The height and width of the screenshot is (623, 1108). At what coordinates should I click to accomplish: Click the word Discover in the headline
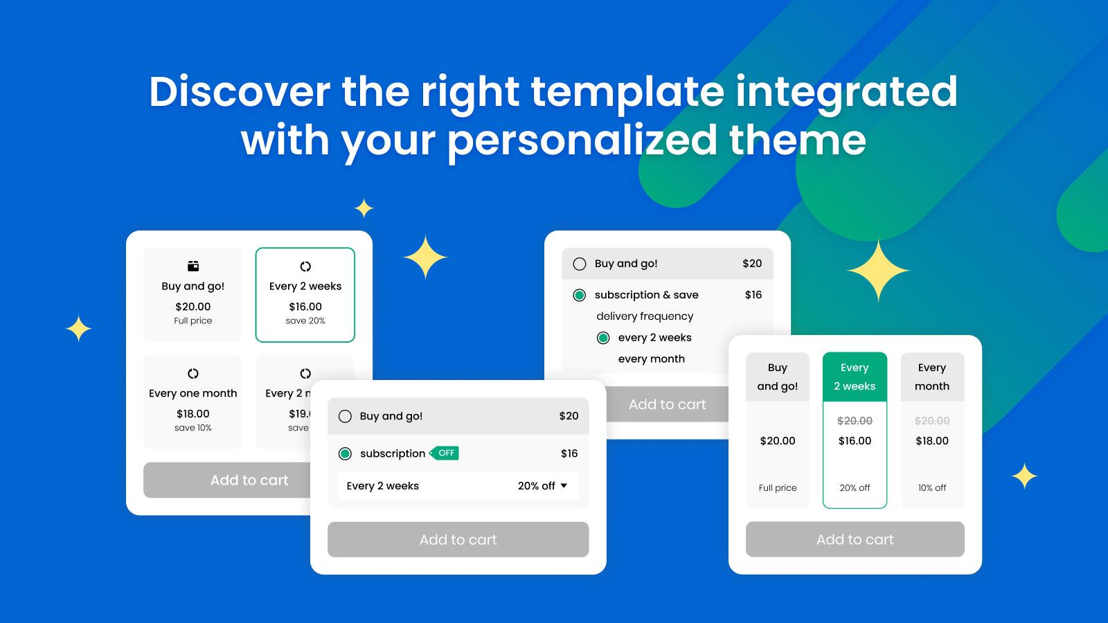tap(240, 92)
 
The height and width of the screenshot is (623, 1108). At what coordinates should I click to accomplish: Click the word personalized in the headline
tap(582, 141)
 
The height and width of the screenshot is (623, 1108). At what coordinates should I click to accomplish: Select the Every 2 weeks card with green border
tap(305, 295)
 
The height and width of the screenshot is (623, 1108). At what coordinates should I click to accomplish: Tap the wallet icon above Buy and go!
tap(193, 266)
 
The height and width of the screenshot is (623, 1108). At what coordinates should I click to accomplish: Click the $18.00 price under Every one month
tap(193, 414)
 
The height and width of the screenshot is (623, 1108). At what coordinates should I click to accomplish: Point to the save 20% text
tap(305, 321)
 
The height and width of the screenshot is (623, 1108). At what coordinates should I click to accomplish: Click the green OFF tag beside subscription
tap(445, 453)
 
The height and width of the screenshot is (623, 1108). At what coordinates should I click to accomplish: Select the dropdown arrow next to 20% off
tap(564, 486)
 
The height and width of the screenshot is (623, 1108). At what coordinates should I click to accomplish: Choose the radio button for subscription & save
tap(580, 296)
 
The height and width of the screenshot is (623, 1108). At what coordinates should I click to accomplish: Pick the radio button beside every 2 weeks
tap(603, 338)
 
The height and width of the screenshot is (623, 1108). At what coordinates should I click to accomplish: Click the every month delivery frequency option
tap(651, 359)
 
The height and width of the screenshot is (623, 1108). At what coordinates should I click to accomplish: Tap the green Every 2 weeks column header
tap(855, 377)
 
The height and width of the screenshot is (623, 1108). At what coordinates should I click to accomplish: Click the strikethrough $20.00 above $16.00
tap(855, 421)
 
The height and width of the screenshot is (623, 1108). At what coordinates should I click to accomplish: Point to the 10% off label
tap(932, 488)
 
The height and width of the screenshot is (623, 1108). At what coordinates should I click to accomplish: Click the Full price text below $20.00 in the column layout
tap(778, 488)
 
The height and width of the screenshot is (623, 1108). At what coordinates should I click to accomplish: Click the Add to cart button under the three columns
tap(855, 539)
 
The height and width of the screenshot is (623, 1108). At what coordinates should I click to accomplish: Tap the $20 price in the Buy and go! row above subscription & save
tap(752, 264)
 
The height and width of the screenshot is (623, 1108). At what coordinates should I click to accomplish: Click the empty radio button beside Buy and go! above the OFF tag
tap(345, 416)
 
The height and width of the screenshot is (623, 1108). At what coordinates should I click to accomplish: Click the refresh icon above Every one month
tap(193, 374)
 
